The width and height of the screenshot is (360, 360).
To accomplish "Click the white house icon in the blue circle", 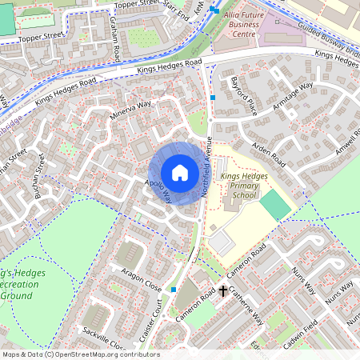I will click(x=180, y=173).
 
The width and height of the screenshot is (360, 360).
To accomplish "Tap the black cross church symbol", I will click(x=222, y=291).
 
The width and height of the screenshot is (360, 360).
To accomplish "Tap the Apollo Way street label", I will click(x=158, y=190).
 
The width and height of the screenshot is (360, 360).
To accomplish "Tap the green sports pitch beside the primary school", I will click(x=276, y=206).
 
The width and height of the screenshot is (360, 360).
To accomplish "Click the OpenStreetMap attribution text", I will click(x=81, y=354).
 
